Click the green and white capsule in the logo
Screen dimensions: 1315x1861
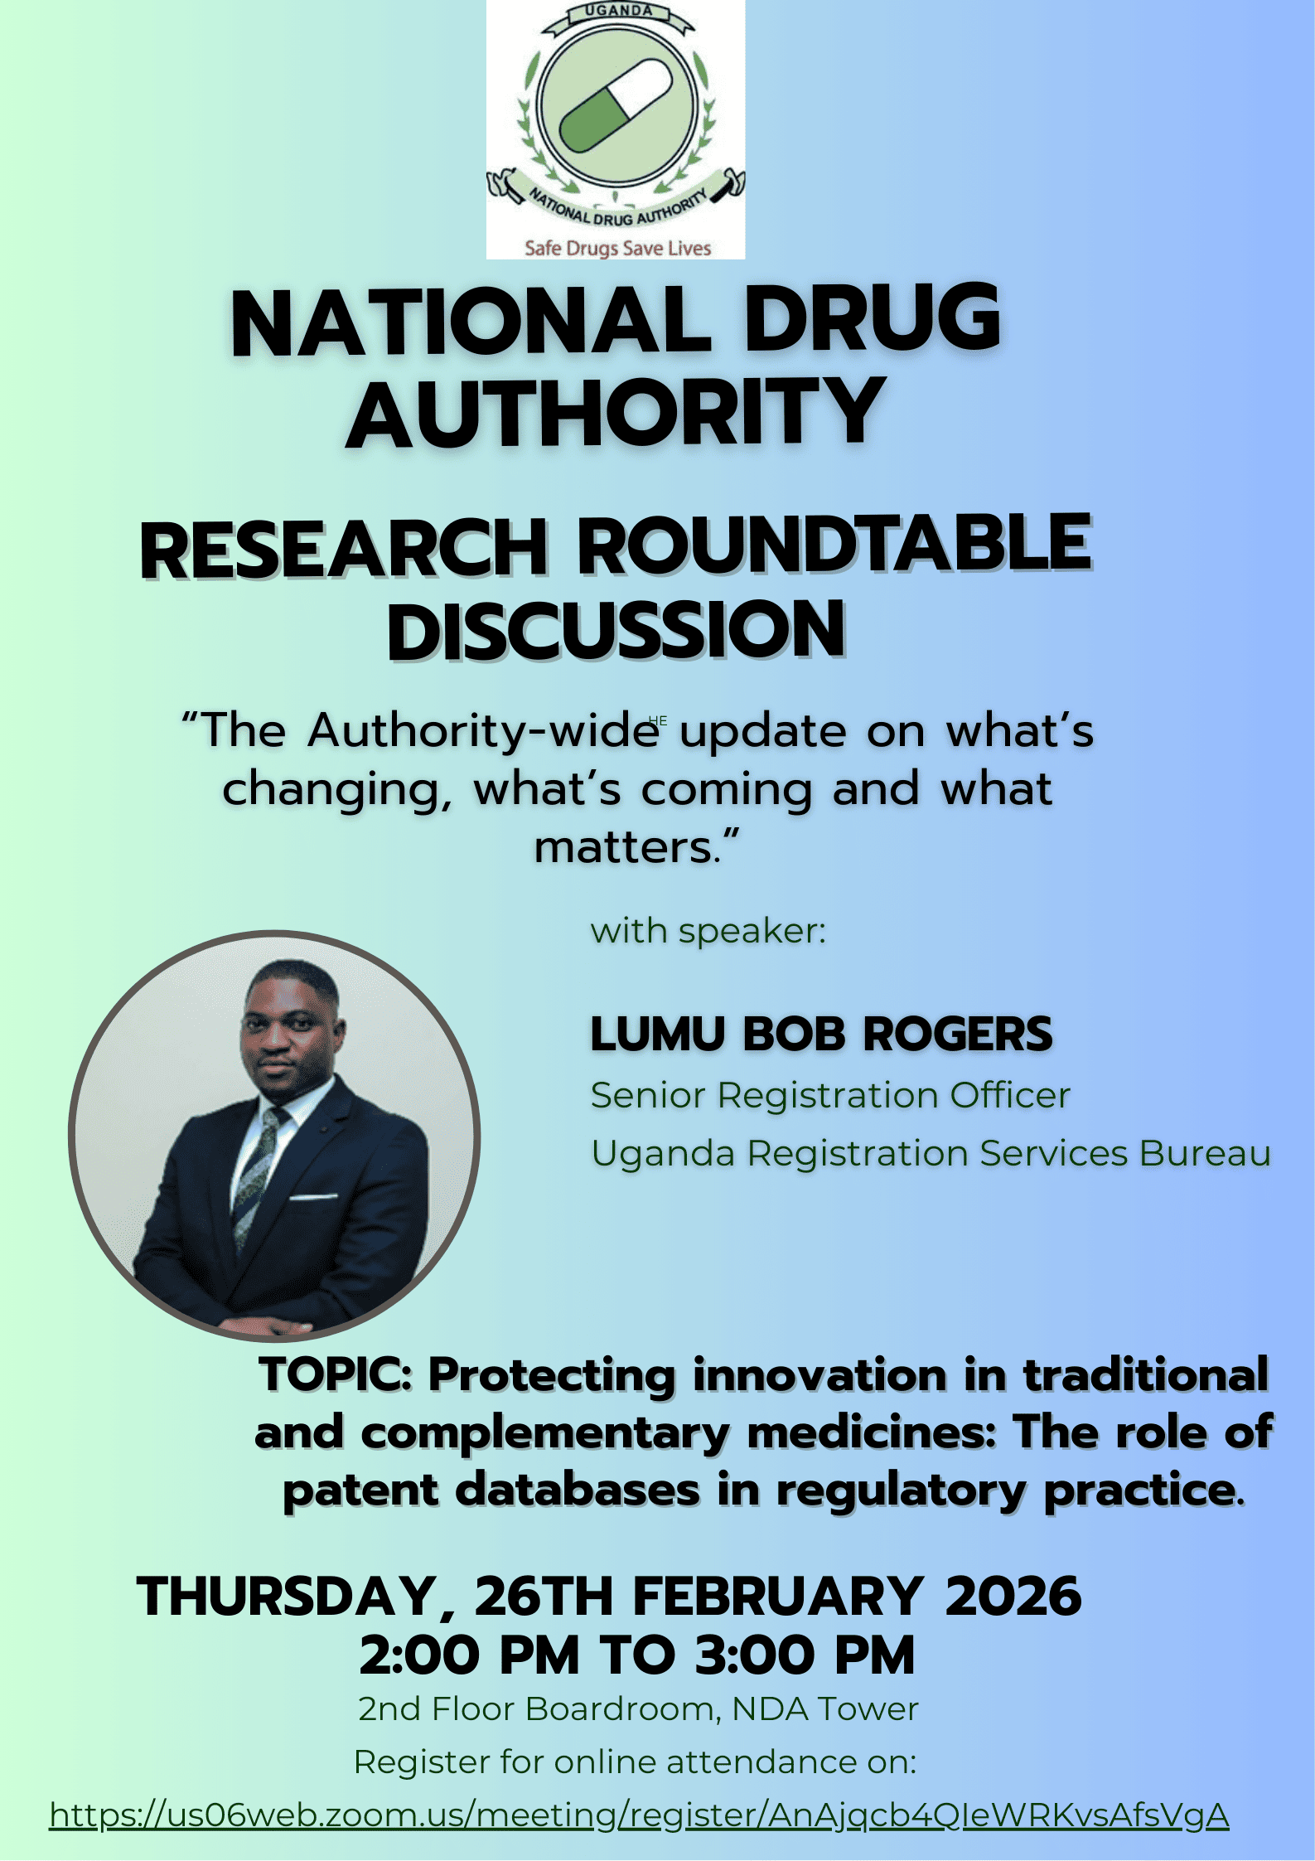point(615,105)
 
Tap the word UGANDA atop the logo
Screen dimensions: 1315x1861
point(619,12)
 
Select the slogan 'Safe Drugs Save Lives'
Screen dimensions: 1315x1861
point(617,248)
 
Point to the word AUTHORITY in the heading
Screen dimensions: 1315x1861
point(616,411)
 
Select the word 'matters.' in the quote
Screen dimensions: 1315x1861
point(636,847)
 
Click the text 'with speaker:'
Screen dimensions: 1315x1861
point(708,931)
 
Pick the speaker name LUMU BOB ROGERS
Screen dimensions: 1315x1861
point(821,1034)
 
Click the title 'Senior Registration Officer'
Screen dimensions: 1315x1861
point(830,1095)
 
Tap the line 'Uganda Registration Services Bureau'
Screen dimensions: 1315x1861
point(931,1154)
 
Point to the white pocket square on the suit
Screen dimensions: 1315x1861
point(313,1196)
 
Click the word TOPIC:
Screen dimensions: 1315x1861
point(336,1376)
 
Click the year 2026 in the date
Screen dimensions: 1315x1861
point(1013,1596)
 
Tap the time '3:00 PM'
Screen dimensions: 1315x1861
point(805,1655)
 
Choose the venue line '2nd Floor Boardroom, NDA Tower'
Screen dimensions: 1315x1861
point(638,1709)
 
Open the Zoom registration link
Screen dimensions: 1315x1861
point(639,1815)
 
